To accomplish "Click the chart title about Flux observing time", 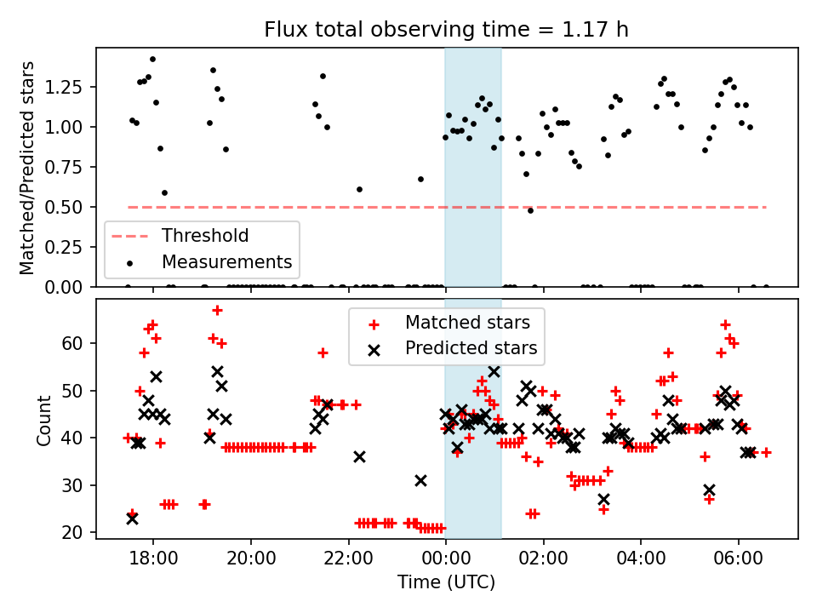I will (447, 31).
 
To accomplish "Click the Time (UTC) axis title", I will (447, 583).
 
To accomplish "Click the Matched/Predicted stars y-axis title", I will (27, 168).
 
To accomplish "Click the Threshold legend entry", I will (205, 236).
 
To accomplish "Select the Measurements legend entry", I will (226, 261).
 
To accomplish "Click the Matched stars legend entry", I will (467, 323).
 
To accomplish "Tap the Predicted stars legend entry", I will (471, 347).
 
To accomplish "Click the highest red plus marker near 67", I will (217, 310).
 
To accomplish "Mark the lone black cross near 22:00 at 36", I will (359, 456).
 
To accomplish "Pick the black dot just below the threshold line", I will (530, 209).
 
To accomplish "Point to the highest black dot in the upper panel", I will (152, 60).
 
